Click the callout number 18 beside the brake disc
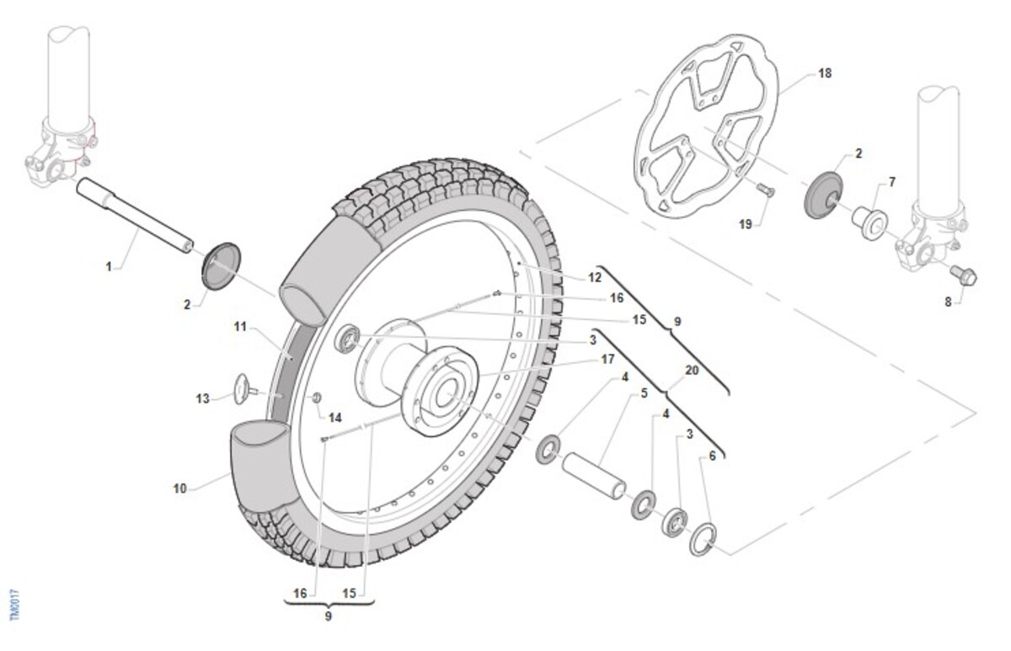click(x=824, y=73)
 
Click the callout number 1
click(x=109, y=267)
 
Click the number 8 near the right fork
click(x=948, y=301)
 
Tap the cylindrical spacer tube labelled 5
click(x=594, y=475)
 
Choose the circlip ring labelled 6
click(x=703, y=540)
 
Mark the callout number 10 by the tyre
click(x=180, y=488)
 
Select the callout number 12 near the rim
click(x=595, y=277)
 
